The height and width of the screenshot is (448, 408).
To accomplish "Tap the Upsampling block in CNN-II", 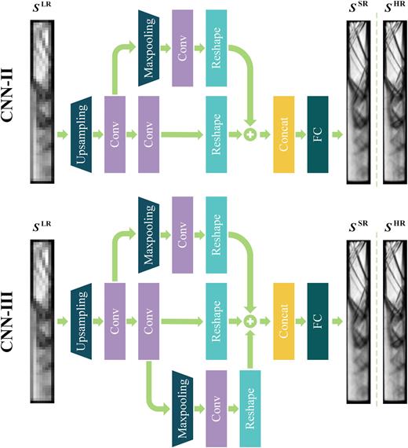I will point(83,136).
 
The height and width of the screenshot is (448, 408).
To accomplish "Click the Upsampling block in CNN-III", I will point(83,321).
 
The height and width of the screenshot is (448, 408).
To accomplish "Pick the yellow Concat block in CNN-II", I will point(283,136).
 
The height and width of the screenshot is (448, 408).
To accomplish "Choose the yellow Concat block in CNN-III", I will point(283,321).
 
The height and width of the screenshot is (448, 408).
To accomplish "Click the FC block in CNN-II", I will point(317,136).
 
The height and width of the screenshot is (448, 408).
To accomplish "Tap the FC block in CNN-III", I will point(317,321).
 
